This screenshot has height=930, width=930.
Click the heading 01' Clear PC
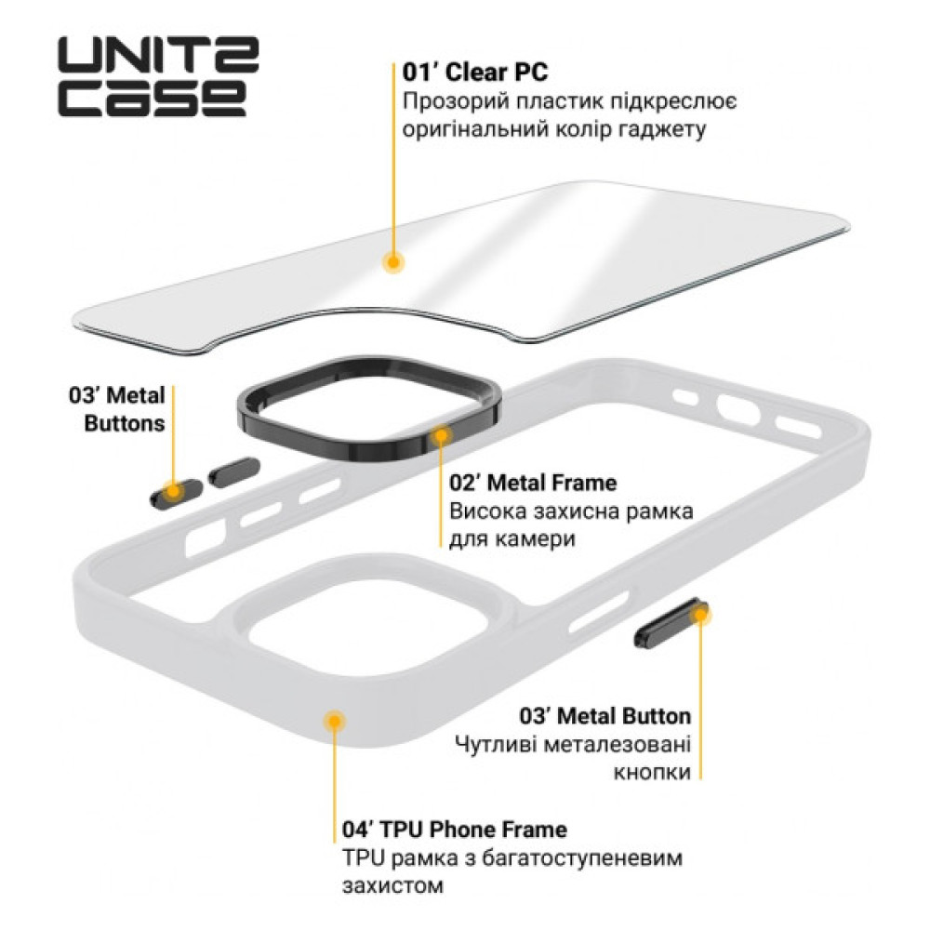click(x=475, y=72)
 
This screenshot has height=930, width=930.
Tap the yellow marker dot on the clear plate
click(x=395, y=262)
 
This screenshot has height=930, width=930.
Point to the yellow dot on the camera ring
click(x=442, y=433)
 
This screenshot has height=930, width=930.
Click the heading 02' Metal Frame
click(x=532, y=484)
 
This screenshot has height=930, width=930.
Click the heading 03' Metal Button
click(x=605, y=716)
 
